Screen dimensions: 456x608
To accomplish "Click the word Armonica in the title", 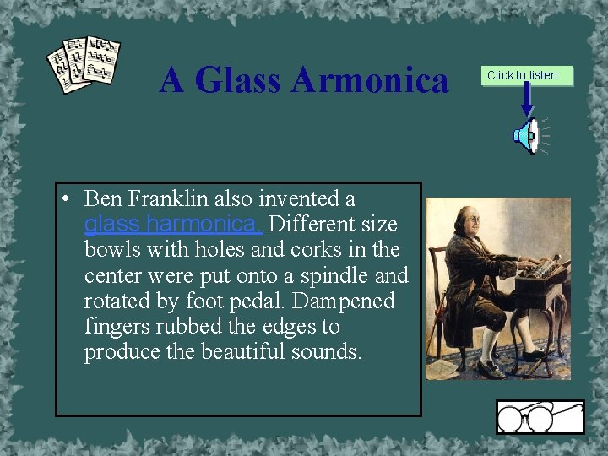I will tap(370, 81).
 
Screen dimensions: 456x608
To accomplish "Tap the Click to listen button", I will tap(522, 75).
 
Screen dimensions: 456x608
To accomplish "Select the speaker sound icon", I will tap(528, 136).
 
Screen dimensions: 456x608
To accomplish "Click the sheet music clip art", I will tap(84, 64).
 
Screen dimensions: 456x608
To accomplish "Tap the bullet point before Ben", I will tap(64, 199).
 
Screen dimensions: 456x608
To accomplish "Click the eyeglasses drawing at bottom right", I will tap(539, 417).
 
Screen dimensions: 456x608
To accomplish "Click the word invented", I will tap(307, 199).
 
